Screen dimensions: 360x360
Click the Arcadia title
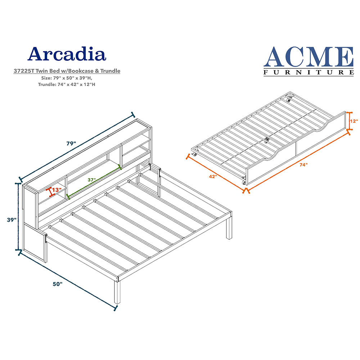tap(67, 54)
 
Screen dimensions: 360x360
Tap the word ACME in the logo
tap(308, 57)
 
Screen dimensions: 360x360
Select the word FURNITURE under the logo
tap(308, 72)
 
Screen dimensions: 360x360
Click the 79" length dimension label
tap(71, 143)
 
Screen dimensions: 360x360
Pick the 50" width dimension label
tap(57, 284)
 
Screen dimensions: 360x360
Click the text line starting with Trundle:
tap(67, 84)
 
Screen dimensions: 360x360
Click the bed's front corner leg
tap(117, 292)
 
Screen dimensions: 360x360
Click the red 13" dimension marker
tap(51, 192)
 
